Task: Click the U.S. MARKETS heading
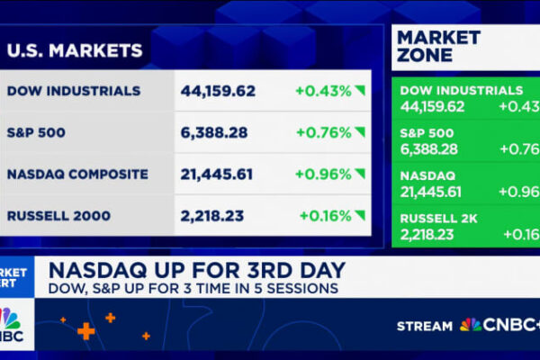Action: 75,50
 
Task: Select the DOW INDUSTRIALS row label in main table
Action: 74,91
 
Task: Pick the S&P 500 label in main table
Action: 38,132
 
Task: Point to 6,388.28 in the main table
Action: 214,132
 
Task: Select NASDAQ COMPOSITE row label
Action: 78,174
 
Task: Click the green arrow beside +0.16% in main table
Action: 360,215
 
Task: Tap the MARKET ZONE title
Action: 437,47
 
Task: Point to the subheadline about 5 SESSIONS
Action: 193,288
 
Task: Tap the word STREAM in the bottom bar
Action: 426,325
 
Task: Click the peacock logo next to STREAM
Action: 470,325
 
